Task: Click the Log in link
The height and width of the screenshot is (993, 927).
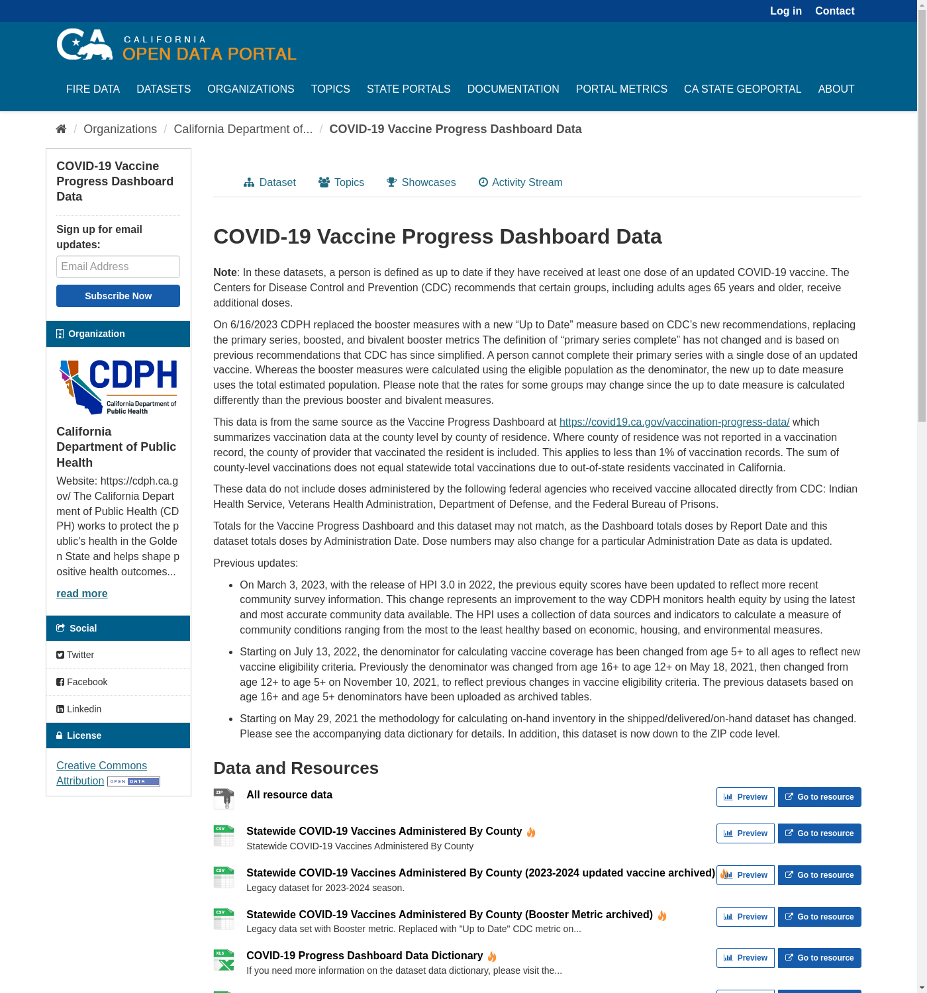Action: pos(785,11)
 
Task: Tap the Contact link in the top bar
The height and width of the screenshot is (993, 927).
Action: pos(834,11)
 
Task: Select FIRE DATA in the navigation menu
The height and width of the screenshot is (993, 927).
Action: pos(93,89)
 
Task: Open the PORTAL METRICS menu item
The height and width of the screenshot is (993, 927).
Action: pos(621,89)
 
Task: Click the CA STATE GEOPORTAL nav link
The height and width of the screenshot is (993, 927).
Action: pos(742,89)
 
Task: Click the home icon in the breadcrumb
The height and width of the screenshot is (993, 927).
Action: pos(61,129)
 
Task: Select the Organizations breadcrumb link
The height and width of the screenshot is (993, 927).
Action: pos(120,129)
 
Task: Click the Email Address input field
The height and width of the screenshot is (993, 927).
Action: pos(118,267)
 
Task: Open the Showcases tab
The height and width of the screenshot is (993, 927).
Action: pos(421,182)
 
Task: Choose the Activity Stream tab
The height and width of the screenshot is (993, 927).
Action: pos(520,182)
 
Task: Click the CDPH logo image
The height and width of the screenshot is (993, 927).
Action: pos(119,387)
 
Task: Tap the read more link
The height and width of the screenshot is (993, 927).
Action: pos(81,593)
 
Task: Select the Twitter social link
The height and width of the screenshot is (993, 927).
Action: pos(80,655)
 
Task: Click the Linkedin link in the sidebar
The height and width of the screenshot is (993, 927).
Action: pos(83,709)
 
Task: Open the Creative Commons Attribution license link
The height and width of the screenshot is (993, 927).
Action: pos(101,766)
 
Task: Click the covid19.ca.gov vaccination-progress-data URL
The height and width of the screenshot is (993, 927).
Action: pos(674,422)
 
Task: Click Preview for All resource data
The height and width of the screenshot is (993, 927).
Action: pos(745,797)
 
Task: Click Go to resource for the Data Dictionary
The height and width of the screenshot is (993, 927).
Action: pos(819,958)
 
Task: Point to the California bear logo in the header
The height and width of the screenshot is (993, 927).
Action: pos(85,45)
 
